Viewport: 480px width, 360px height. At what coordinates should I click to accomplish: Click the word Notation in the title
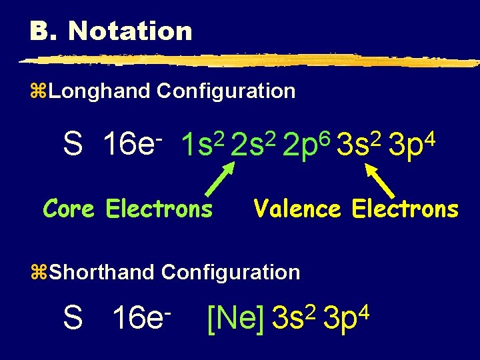[130, 31]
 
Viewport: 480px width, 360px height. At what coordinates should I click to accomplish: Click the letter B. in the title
[43, 31]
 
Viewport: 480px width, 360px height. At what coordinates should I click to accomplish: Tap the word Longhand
[99, 91]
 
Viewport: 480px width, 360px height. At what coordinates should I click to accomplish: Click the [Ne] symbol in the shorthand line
[236, 318]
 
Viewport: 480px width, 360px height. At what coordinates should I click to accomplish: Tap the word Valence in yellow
[297, 209]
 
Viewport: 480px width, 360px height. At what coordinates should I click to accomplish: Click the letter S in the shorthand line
[72, 318]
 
